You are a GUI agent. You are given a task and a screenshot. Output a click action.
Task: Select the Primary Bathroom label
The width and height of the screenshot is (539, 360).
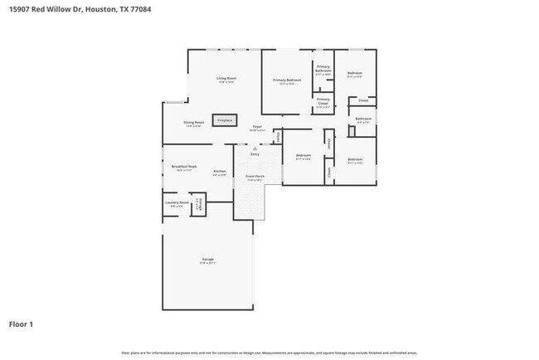323,68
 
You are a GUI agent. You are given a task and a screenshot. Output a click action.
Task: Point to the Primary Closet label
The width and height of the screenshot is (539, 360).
323,103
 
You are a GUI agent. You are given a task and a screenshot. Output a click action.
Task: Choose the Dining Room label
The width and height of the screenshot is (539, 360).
194,123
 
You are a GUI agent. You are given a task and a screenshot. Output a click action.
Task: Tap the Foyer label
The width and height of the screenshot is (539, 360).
257,127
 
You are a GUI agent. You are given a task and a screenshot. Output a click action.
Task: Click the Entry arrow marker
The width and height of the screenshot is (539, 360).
255,148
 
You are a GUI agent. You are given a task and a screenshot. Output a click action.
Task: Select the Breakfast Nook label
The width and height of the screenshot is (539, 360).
183,167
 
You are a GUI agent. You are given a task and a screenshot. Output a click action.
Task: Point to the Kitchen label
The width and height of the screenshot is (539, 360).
219,172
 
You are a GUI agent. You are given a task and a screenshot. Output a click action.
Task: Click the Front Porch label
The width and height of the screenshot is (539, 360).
254,177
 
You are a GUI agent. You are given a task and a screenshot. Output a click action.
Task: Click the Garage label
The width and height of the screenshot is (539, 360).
207,260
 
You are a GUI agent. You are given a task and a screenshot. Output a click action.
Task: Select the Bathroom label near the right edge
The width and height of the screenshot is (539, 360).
363,119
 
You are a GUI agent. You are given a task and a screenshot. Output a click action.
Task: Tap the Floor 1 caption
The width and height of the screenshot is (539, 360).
22,324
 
